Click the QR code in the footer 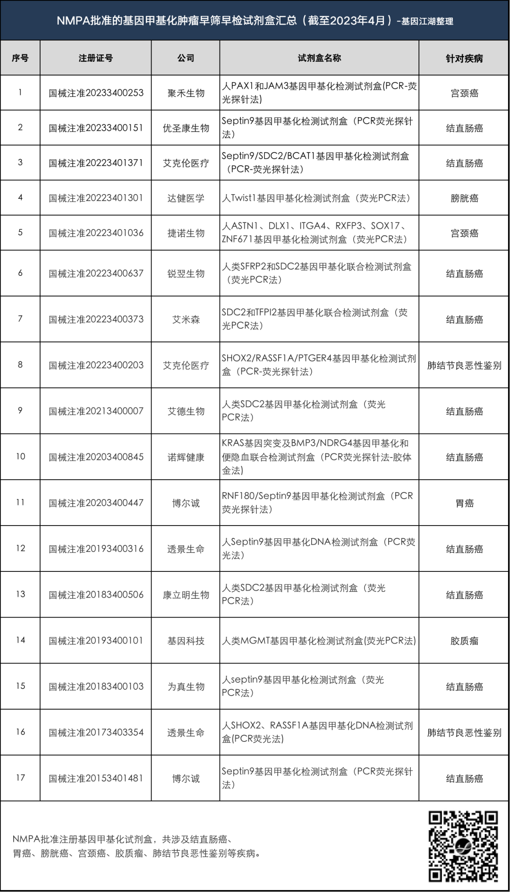point(463,846)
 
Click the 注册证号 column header point(96,58)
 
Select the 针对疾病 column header point(464,59)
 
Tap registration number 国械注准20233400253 point(96,93)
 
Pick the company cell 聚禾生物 point(186,93)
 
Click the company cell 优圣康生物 point(186,128)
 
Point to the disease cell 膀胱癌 point(464,198)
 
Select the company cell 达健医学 point(186,198)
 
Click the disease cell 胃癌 point(464,503)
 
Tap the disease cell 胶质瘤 point(464,641)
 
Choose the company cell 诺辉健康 point(186,457)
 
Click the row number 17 point(20,778)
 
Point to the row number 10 point(20,457)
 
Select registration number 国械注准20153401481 point(96,778)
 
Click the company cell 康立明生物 point(186,595)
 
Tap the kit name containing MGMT point(319,641)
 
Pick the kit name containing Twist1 point(316,198)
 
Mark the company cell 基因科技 point(186,641)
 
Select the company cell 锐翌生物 point(186,273)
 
